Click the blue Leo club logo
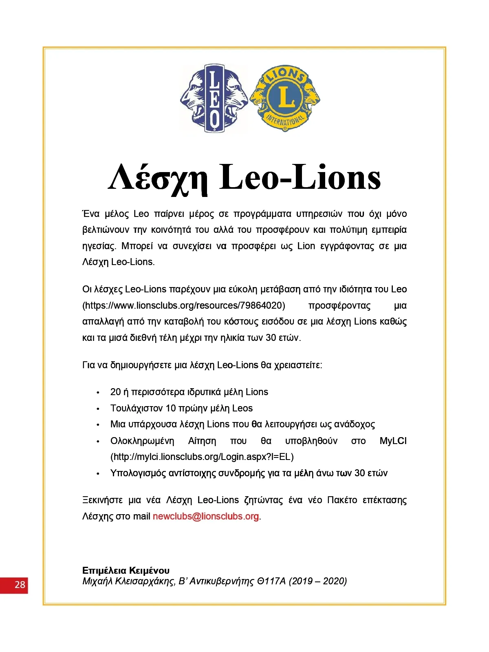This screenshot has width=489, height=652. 214,98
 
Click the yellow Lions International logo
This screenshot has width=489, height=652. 285,98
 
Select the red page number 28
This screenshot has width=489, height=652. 20,585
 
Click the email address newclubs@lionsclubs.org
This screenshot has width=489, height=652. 206,516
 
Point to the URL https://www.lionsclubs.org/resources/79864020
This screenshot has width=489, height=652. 184,305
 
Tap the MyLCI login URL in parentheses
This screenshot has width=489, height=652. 202,457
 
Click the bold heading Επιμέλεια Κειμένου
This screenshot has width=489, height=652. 126,570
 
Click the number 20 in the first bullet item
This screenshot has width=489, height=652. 115,392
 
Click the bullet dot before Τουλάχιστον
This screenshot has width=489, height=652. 98,409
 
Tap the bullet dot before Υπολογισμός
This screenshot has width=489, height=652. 98,474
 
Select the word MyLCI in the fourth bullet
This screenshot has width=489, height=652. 393,441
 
